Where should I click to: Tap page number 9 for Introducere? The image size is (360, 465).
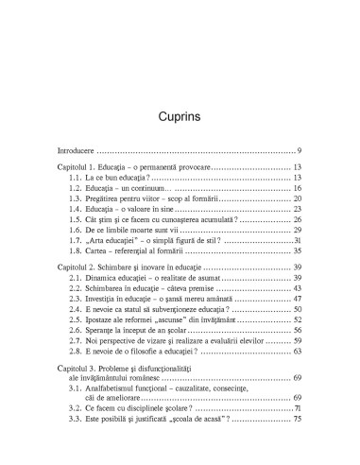pos(299,151)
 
